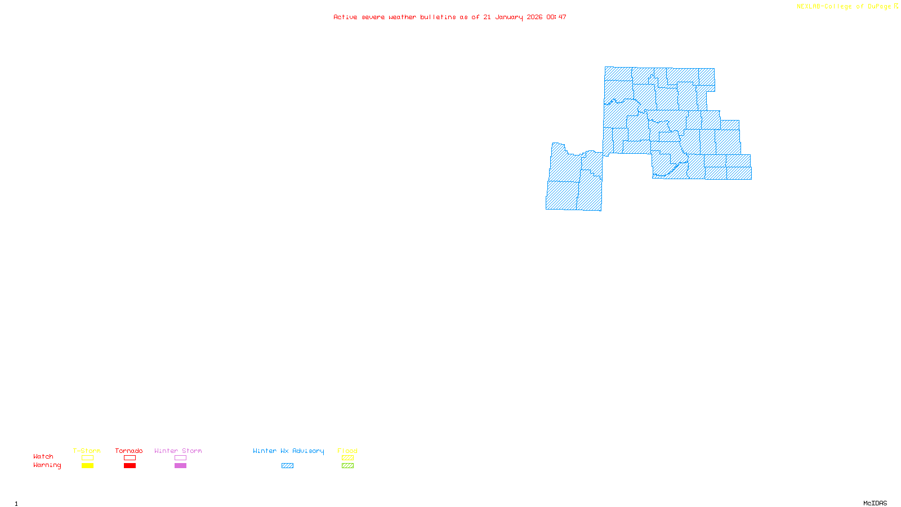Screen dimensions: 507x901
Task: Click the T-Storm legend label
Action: click(x=87, y=451)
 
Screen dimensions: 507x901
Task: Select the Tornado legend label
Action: click(x=129, y=451)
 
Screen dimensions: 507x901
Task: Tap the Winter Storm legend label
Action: click(x=178, y=451)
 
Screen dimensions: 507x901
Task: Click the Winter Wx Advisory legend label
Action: click(x=288, y=451)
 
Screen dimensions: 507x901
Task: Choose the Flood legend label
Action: click(x=347, y=451)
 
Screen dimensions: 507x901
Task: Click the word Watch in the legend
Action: click(x=43, y=456)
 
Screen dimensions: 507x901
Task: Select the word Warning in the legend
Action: click(x=47, y=465)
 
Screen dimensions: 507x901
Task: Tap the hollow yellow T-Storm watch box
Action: click(x=87, y=458)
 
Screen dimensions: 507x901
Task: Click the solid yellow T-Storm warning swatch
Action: click(x=87, y=466)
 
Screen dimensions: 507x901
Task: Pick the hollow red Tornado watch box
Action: click(x=130, y=458)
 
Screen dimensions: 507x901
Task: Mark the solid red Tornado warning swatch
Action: click(x=130, y=466)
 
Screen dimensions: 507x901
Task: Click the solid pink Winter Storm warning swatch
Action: click(x=180, y=466)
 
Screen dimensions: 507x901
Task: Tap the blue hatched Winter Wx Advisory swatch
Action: click(x=287, y=466)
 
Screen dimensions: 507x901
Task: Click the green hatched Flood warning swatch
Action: click(x=347, y=466)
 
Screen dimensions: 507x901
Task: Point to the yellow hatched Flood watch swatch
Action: click(x=347, y=458)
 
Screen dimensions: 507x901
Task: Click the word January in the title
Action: click(x=509, y=17)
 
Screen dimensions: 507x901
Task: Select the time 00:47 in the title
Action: click(x=556, y=17)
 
